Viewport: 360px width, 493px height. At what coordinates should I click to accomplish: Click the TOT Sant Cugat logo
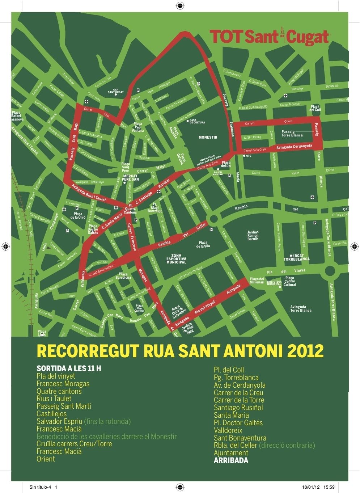click(269, 37)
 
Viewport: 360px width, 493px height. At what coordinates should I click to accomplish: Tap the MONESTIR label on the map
click(208, 138)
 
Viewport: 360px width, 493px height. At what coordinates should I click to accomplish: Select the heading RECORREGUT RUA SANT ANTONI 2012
click(180, 351)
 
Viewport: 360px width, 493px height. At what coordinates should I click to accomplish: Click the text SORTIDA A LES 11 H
click(69, 369)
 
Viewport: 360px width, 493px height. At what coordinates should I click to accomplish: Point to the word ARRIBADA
click(231, 460)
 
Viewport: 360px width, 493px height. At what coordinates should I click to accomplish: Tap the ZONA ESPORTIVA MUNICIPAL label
click(176, 259)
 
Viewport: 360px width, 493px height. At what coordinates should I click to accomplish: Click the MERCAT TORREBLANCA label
click(296, 257)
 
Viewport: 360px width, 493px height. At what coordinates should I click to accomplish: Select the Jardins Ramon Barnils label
click(253, 235)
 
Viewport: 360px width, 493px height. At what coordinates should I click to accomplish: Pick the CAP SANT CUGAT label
click(116, 91)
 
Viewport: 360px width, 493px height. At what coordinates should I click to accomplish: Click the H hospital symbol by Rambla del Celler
click(211, 229)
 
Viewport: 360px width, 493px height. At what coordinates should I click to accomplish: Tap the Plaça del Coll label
click(315, 108)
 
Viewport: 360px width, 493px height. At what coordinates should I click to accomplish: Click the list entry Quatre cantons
click(59, 391)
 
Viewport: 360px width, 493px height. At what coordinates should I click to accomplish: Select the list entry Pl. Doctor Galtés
click(238, 423)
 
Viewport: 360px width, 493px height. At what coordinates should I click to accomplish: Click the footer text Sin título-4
click(40, 487)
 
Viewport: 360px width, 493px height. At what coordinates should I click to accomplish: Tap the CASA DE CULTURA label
click(197, 122)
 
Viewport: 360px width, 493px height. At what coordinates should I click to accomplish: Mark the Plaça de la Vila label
click(203, 244)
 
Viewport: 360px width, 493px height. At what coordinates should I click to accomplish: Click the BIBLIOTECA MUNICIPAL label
click(274, 283)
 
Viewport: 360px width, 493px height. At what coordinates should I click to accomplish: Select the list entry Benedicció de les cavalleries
click(107, 437)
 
